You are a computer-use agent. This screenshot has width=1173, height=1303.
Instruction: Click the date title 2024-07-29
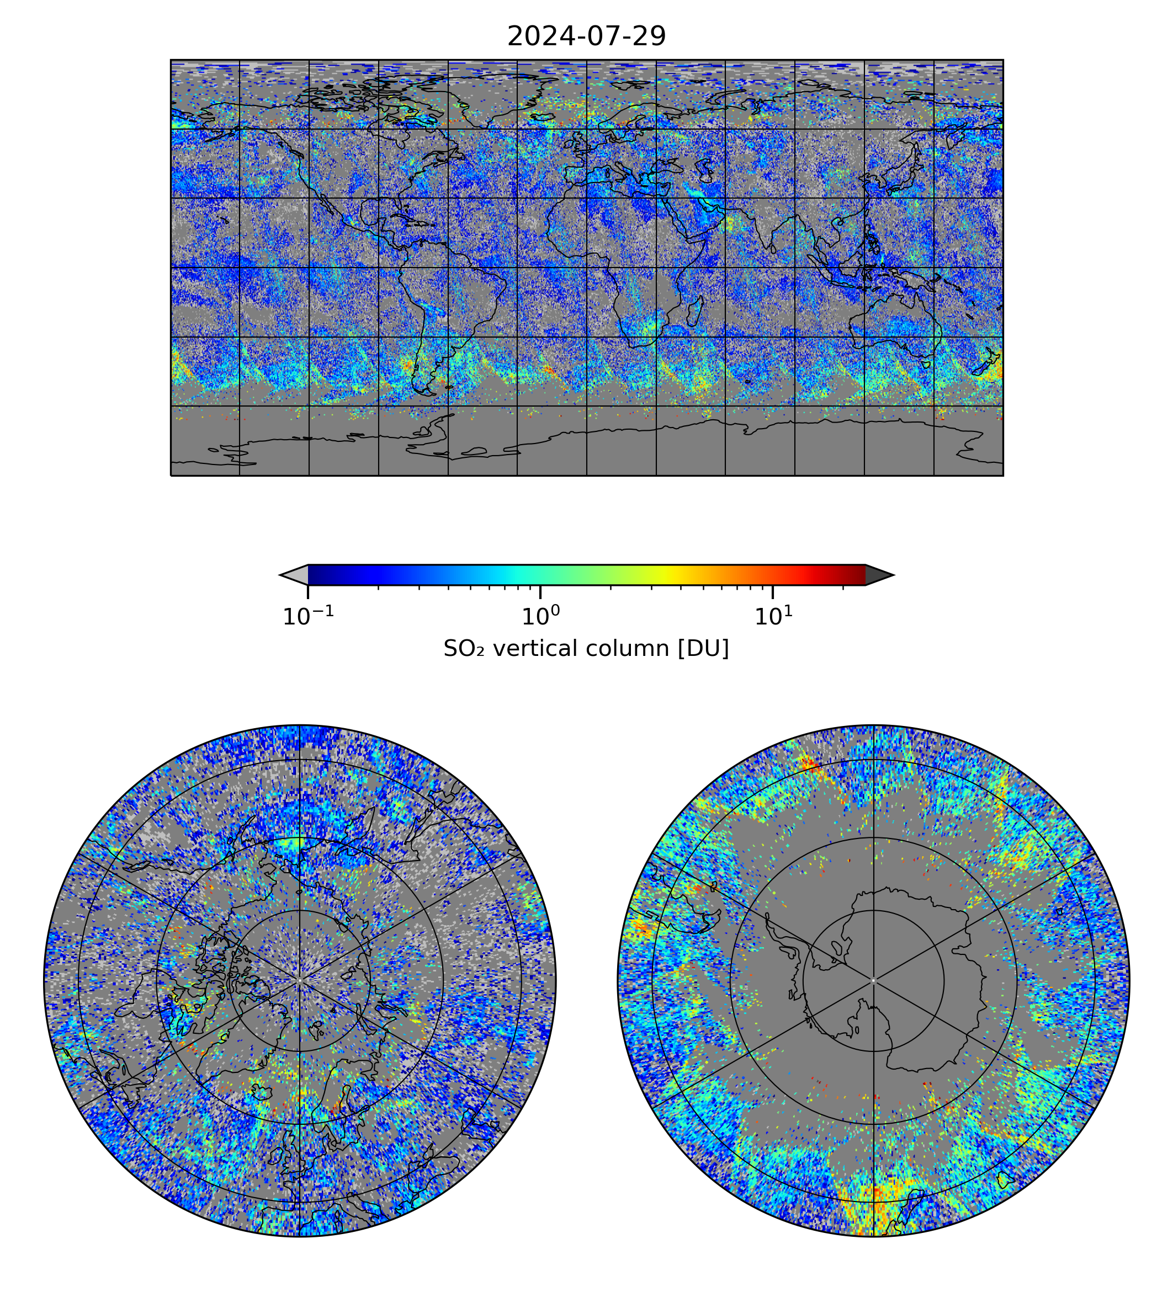point(586,37)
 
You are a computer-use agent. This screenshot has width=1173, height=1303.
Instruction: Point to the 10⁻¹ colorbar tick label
point(308,616)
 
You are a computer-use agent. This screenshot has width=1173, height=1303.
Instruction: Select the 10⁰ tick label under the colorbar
point(540,616)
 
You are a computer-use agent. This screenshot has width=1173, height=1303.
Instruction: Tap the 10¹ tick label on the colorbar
point(773,616)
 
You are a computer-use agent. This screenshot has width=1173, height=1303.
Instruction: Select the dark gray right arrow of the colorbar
point(878,574)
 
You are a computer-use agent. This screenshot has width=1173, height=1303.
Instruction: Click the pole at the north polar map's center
point(300,980)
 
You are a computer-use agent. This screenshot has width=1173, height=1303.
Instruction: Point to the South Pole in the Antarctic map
point(873,980)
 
